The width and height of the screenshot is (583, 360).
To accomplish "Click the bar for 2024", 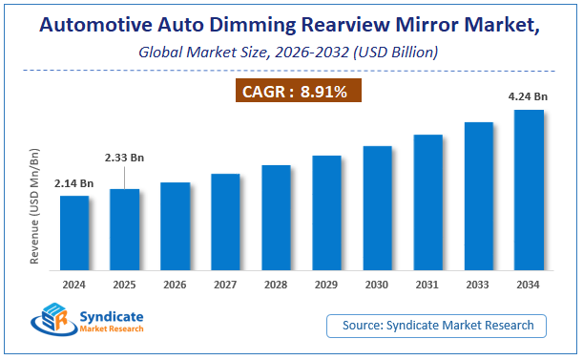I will tap(73, 232).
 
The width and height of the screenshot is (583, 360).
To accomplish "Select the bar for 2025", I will tap(124, 229).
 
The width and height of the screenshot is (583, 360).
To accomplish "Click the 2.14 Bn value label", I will tap(73, 182).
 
